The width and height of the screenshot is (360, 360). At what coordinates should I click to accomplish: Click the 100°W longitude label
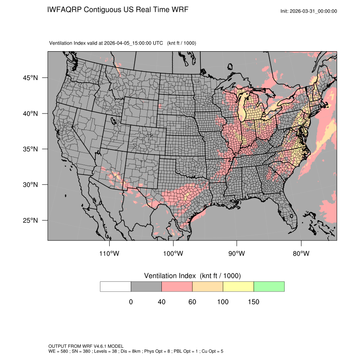[173, 254]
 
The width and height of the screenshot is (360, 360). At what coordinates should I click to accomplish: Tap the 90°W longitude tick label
[237, 254]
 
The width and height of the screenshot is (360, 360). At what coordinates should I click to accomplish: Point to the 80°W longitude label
[301, 254]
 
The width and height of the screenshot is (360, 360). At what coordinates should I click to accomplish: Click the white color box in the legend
[116, 286]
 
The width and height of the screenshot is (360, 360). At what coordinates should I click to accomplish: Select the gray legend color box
[146, 286]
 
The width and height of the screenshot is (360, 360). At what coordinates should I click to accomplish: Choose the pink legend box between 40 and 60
[177, 286]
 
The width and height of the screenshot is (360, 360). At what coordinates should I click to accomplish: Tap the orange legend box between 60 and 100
[208, 286]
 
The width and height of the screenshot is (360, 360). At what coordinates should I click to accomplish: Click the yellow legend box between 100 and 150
[238, 286]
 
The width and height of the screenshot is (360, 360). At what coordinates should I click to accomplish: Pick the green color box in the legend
[269, 286]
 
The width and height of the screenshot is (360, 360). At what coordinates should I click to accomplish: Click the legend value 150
[253, 302]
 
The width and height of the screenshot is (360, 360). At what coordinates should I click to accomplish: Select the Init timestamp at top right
[309, 11]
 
